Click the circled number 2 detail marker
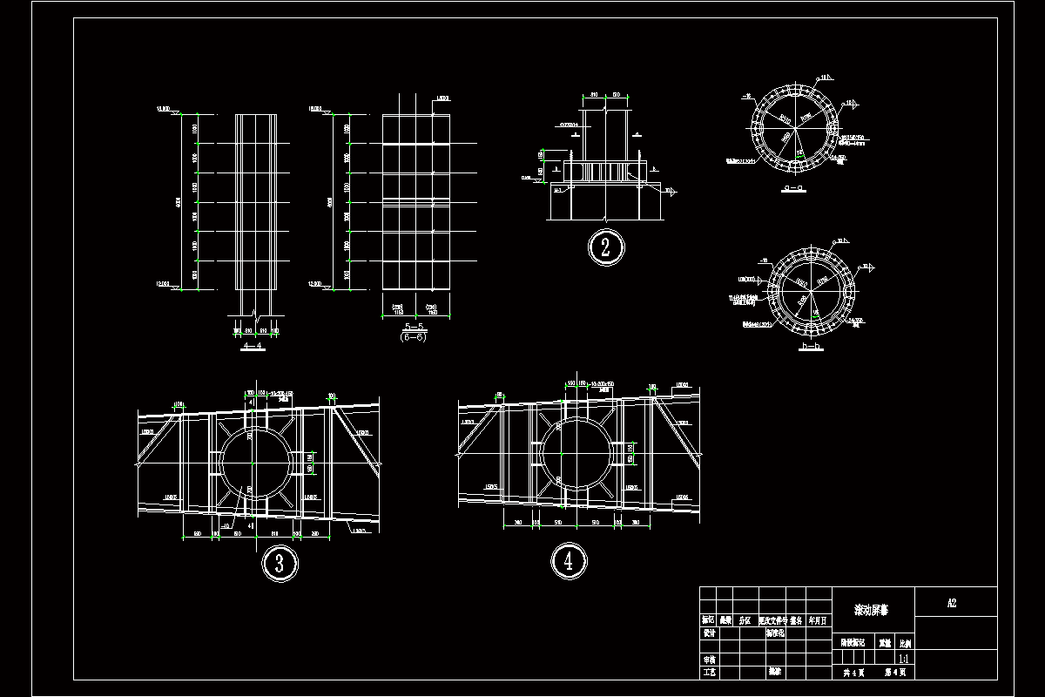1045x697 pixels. (x=605, y=247)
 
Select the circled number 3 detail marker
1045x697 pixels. (x=280, y=562)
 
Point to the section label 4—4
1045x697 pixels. (x=252, y=347)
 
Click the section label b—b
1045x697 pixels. (x=811, y=347)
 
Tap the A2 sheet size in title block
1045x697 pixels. (x=953, y=603)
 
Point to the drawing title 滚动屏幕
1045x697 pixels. (x=872, y=611)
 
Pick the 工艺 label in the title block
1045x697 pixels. (x=709, y=673)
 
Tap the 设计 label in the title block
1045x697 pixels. (x=709, y=633)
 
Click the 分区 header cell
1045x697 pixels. (x=745, y=621)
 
